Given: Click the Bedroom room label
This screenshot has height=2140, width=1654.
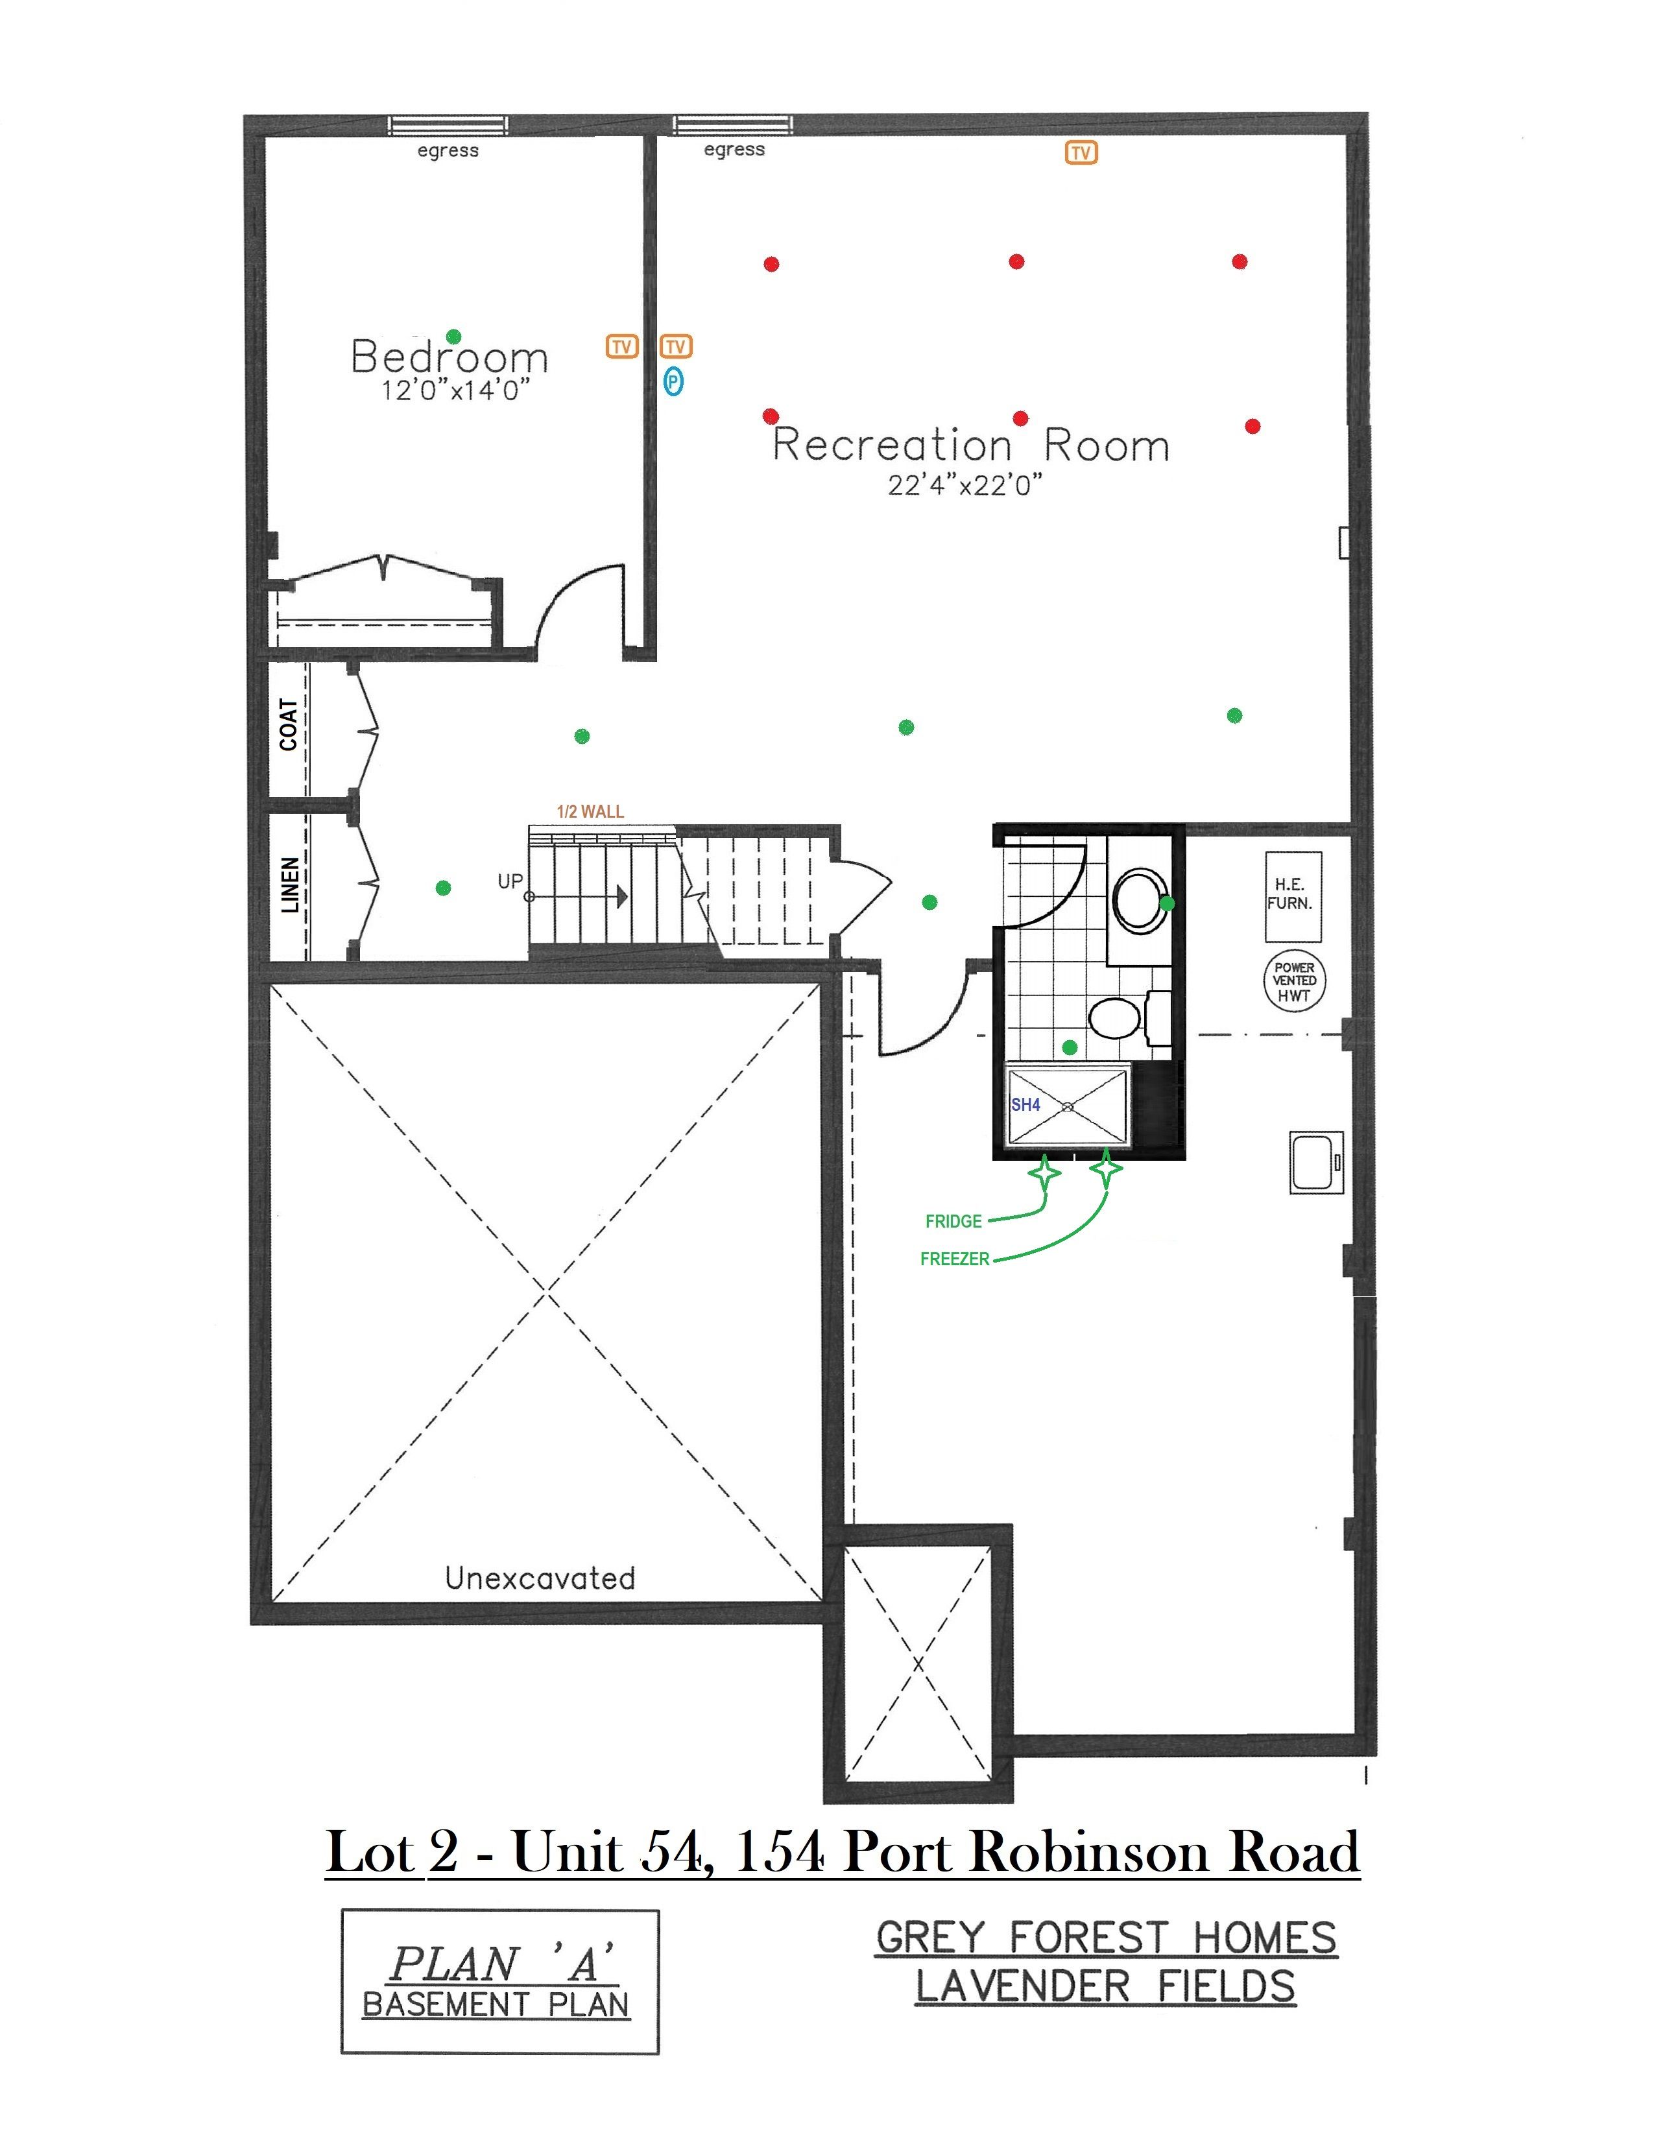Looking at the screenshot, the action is pyautogui.click(x=449, y=357).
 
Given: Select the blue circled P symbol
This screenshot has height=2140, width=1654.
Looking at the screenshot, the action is pyautogui.click(x=673, y=381).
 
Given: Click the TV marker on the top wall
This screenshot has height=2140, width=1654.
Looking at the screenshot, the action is pyautogui.click(x=1081, y=153).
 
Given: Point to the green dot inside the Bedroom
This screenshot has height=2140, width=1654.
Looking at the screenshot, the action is pyautogui.click(x=453, y=336).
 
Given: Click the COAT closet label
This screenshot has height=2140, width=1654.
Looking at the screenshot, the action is pyautogui.click(x=288, y=724).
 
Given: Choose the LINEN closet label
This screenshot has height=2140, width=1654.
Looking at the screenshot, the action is pyautogui.click(x=290, y=885).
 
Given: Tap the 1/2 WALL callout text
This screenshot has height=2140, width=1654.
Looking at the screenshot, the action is pyautogui.click(x=590, y=811).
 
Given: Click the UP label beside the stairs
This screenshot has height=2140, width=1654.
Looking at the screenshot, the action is pyautogui.click(x=510, y=881).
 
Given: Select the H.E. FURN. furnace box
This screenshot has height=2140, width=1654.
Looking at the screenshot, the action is pyautogui.click(x=1293, y=897).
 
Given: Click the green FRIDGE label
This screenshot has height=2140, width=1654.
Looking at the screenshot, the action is pyautogui.click(x=953, y=1221).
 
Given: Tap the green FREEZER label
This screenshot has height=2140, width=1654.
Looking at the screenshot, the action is pyautogui.click(x=954, y=1259).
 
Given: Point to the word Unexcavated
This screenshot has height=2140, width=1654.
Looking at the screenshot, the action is pyautogui.click(x=540, y=1578).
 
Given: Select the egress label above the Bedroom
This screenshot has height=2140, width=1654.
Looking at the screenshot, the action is pyautogui.click(x=448, y=151).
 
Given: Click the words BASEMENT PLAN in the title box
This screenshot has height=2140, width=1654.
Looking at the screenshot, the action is pyautogui.click(x=496, y=2004).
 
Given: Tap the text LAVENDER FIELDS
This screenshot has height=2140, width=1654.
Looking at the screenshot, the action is pyautogui.click(x=1105, y=1986).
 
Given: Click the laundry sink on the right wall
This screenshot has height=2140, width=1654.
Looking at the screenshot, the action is pyautogui.click(x=1316, y=1163).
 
